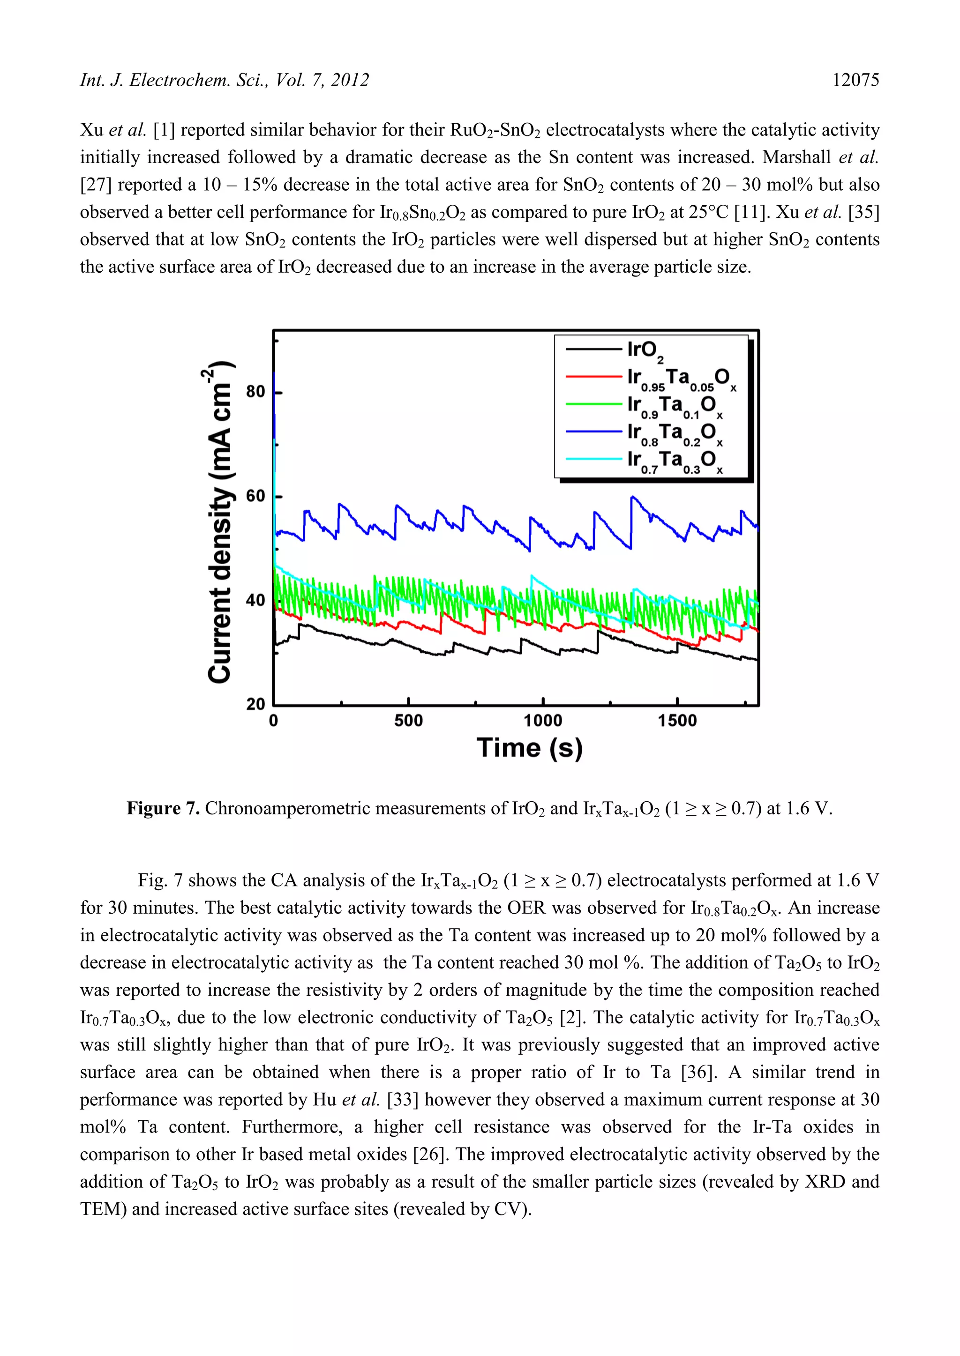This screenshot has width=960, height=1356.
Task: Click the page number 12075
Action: click(x=855, y=80)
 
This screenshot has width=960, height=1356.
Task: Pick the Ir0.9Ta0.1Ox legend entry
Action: click(x=674, y=406)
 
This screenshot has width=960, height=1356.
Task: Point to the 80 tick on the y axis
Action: click(x=255, y=392)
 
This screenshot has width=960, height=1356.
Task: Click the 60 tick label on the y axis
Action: click(x=255, y=496)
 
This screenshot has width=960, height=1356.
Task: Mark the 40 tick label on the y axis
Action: click(x=255, y=600)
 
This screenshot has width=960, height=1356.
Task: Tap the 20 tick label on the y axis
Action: click(x=255, y=704)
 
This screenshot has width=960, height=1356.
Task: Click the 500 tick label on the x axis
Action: click(x=408, y=721)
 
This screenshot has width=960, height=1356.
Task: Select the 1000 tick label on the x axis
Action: click(x=543, y=721)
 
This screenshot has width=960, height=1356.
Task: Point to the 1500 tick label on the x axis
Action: click(x=677, y=721)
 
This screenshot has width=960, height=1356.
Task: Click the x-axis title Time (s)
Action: click(x=530, y=748)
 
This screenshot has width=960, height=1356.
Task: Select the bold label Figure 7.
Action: click(x=163, y=808)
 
